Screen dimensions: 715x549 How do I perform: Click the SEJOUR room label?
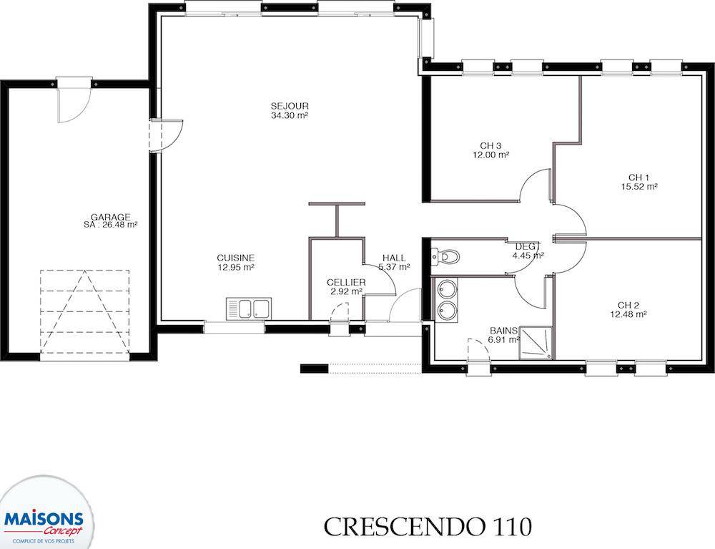pos(290,107)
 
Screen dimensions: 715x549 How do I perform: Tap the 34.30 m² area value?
pos(290,115)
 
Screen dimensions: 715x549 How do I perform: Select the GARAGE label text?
pos(110,217)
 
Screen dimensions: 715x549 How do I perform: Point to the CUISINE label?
pos(236,258)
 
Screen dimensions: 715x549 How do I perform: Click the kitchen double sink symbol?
pos(249,308)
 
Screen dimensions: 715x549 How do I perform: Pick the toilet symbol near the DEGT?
pos(445,257)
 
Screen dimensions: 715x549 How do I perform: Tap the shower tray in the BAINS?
pos(536,342)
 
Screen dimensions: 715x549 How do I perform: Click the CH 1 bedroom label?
pos(638,177)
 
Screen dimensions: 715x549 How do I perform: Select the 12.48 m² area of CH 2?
pos(628,314)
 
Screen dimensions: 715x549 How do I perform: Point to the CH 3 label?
pos(490,145)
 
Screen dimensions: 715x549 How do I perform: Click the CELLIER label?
pos(346,283)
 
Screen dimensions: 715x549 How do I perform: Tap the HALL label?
pos(394,258)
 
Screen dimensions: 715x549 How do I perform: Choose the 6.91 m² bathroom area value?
pos(504,339)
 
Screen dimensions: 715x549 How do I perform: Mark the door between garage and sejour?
pos(166,135)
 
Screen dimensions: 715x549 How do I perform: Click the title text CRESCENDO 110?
pos(428,527)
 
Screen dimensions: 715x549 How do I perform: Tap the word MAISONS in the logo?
pos(44,520)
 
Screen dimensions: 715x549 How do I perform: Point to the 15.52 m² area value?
pos(638,186)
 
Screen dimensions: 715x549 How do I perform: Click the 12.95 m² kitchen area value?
pos(236,267)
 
